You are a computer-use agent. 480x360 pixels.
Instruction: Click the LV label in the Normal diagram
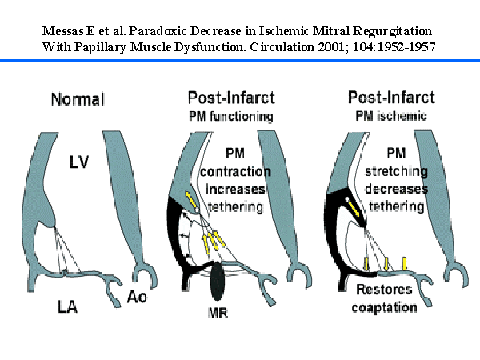[79, 162]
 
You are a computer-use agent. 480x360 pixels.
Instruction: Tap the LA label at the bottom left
[68, 306]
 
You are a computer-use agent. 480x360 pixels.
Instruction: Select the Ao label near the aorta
[137, 297]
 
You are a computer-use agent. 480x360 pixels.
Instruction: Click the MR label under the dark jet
[218, 313]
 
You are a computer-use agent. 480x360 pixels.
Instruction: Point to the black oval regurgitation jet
[217, 282]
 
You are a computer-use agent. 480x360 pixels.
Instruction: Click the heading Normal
[78, 99]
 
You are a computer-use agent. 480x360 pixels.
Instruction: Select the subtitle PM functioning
[231, 116]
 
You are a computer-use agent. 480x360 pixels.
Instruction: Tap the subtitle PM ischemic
[391, 116]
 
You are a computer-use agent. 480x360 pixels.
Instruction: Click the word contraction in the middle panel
[235, 172]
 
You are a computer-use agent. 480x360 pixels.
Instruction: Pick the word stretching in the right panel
[397, 171]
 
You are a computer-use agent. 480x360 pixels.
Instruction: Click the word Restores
[384, 290]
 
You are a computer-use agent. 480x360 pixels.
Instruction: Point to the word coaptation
[385, 308]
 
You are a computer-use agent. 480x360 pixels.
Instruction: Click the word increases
[235, 189]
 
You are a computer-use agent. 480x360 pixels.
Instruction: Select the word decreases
[397, 189]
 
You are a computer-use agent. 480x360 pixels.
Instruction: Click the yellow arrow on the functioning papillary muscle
[191, 199]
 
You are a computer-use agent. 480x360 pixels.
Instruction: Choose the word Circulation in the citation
[282, 47]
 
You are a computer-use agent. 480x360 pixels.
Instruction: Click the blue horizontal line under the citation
[240, 60]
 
